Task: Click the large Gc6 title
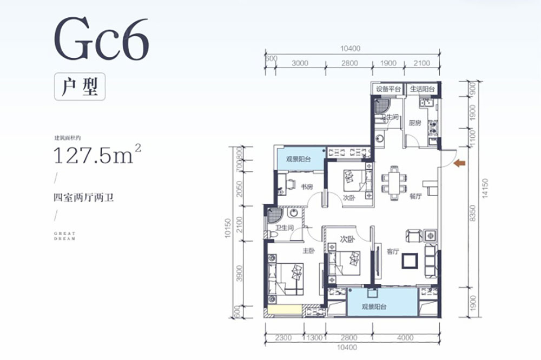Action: pyautogui.click(x=101, y=39)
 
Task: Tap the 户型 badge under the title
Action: pyautogui.click(x=79, y=86)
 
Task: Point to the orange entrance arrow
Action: pyautogui.click(x=460, y=163)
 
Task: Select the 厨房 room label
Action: pyautogui.click(x=415, y=123)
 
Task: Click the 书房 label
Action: pyautogui.click(x=307, y=187)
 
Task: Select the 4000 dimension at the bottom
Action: pyautogui.click(x=402, y=338)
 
